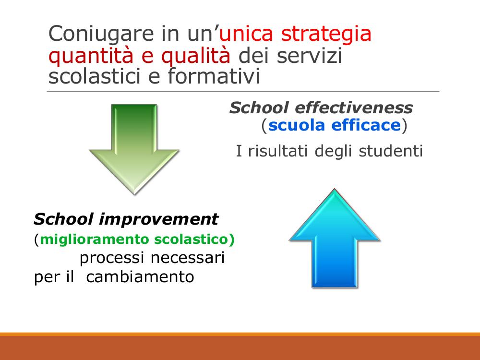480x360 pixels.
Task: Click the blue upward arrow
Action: (335, 238)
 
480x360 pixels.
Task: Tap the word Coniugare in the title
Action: (101, 34)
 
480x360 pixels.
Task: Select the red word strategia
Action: (326, 34)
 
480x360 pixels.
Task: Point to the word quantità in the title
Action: (91, 56)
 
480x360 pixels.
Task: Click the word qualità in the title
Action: (196, 56)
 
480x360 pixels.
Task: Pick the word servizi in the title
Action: (309, 55)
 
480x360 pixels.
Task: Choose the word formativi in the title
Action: (214, 76)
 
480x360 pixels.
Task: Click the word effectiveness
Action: (354, 108)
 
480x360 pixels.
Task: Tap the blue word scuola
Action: (296, 125)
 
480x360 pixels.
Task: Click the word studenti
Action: (391, 151)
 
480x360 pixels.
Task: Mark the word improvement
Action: (158, 219)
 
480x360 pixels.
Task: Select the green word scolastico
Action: (194, 239)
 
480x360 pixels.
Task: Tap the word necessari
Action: (188, 258)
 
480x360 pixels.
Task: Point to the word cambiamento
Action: (140, 277)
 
